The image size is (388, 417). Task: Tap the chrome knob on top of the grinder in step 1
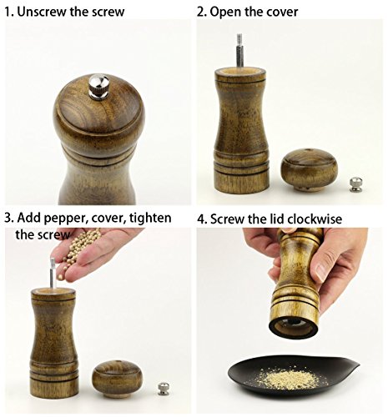click(98, 86)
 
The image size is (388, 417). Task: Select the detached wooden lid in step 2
click(309, 170)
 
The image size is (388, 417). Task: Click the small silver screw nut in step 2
click(354, 184)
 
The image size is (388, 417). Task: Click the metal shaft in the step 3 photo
click(53, 273)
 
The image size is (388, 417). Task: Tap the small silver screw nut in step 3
click(164, 389)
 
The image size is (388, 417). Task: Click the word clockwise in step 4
click(315, 219)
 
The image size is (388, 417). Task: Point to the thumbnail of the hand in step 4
click(321, 272)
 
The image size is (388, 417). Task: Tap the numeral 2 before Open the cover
click(199, 13)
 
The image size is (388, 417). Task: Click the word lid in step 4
click(277, 219)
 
